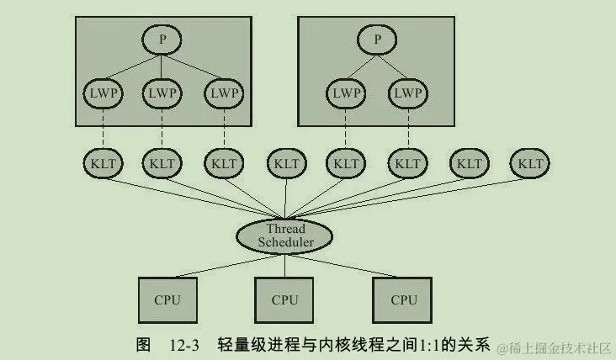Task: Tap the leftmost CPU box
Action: coord(167,299)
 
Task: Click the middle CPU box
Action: coord(284,299)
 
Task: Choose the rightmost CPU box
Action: coord(403,299)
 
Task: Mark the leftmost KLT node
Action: coord(102,162)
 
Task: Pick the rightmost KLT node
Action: coord(530,162)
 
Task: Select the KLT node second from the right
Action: coord(469,162)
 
